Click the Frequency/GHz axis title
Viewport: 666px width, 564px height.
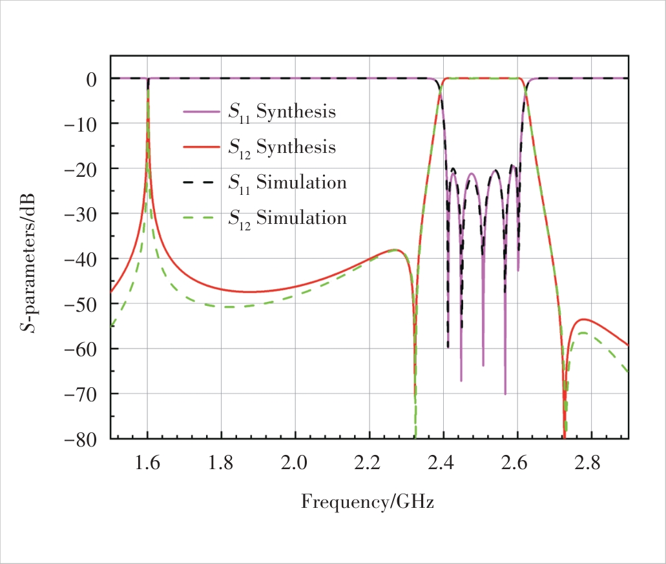[368, 502]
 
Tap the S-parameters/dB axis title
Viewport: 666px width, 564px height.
[29, 258]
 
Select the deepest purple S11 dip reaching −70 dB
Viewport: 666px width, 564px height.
[505, 392]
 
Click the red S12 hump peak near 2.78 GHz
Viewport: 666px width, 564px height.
[583, 319]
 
